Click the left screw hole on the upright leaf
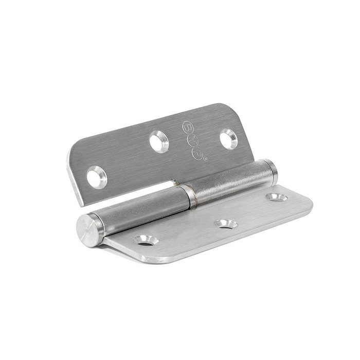[96, 177]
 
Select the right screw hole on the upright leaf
[228, 139]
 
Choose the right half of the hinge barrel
[231, 183]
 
